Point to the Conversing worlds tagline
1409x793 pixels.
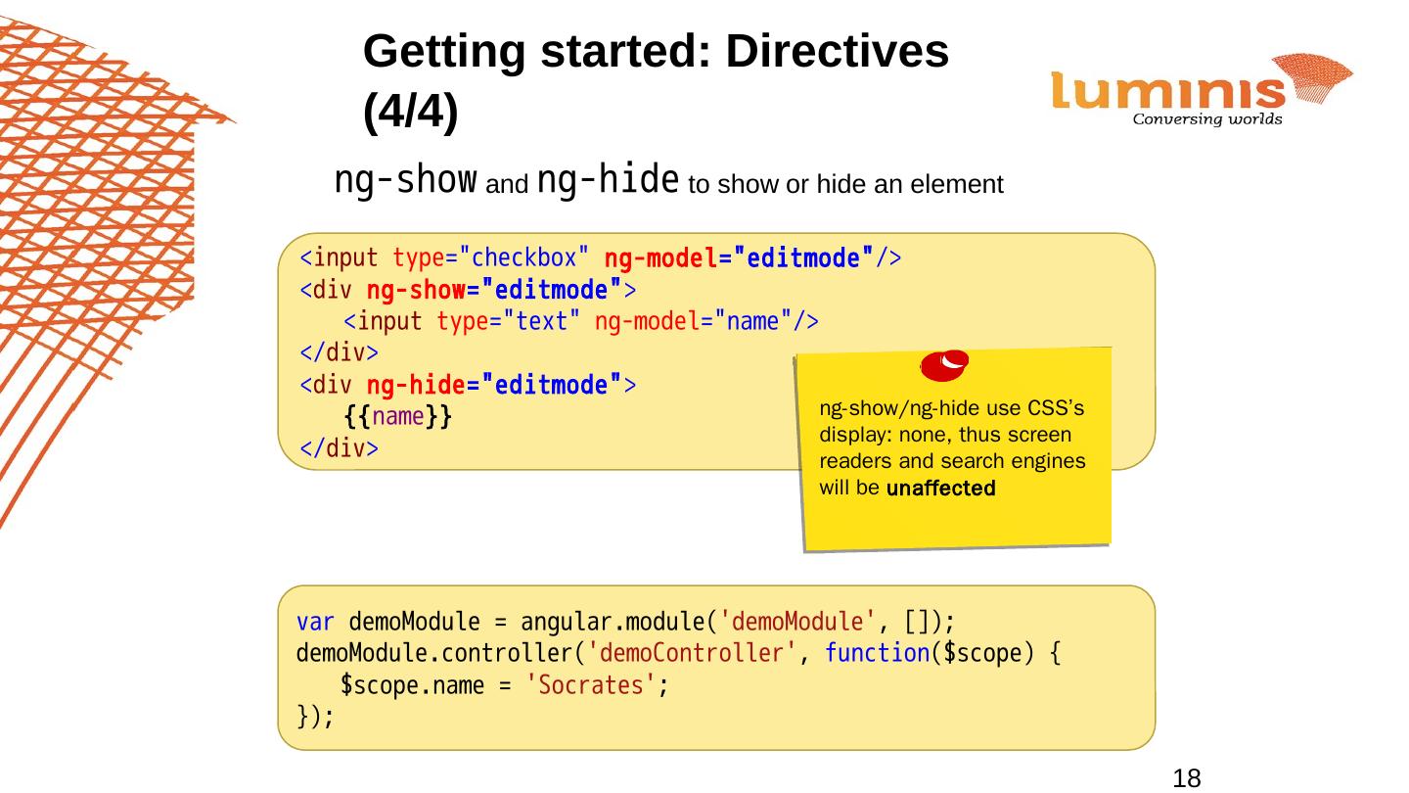[x=1206, y=120]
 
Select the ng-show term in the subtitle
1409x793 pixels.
[x=406, y=180]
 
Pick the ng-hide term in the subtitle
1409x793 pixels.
[x=609, y=180]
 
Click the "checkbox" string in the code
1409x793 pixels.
[x=523, y=258]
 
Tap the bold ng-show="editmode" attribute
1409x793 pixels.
[x=495, y=290]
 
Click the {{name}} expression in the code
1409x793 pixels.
[x=397, y=417]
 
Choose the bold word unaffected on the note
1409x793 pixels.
[x=940, y=490]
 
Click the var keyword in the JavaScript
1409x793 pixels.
[x=316, y=622]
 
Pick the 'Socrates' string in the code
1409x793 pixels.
[x=591, y=685]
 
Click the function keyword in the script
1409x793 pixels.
[x=876, y=654]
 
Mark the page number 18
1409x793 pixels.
[x=1186, y=778]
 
